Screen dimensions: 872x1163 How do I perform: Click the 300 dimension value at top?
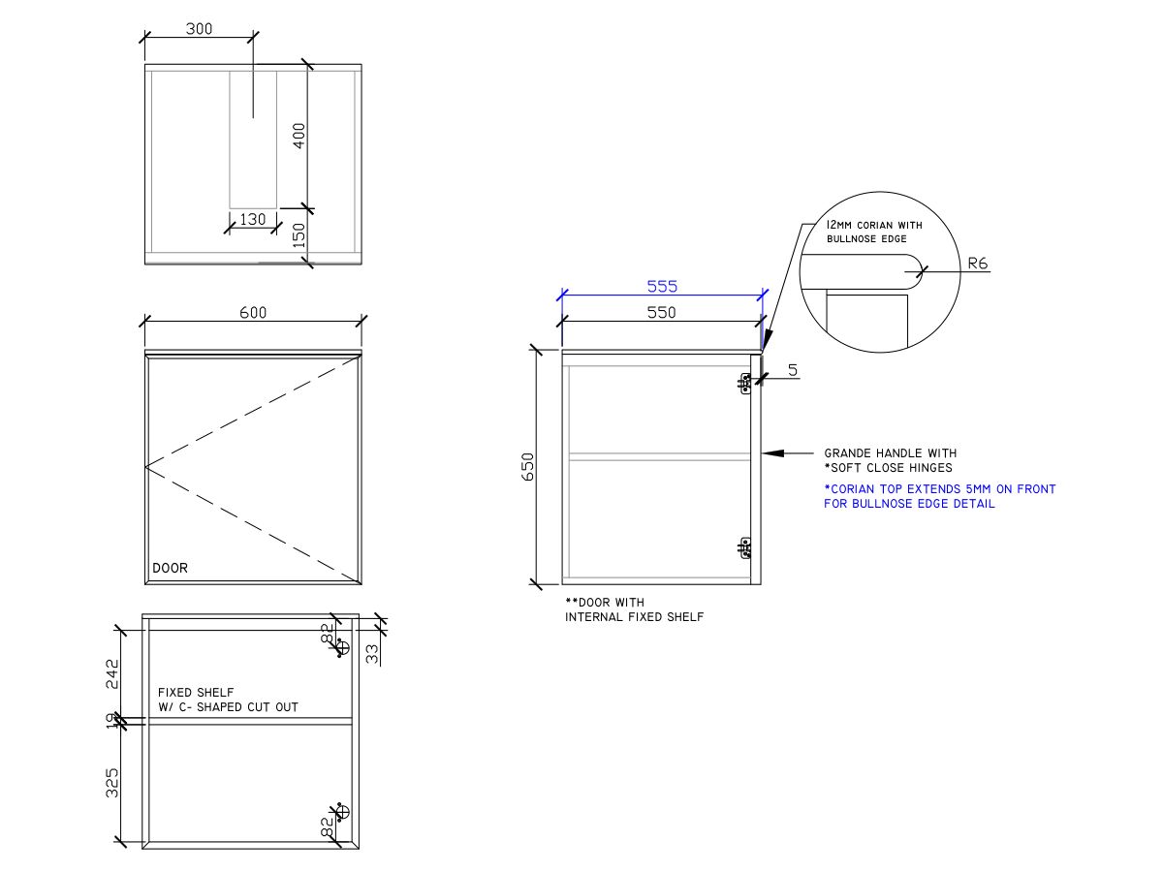199,29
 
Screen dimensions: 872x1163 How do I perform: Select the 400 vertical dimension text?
299,135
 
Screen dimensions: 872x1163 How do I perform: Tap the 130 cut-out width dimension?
252,219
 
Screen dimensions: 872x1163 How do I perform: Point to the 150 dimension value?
299,235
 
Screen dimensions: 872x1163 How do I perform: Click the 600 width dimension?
253,312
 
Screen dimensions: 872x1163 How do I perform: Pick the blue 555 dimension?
662,286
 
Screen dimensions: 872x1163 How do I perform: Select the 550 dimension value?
662,312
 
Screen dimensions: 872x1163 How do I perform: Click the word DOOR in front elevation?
170,568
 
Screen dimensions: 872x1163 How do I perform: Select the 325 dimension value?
112,782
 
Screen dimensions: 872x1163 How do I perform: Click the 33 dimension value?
373,654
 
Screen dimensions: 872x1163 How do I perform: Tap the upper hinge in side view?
745,385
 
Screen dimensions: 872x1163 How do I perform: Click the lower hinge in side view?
745,549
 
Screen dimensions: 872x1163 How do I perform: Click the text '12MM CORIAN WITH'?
874,225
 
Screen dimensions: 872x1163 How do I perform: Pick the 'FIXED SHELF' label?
196,693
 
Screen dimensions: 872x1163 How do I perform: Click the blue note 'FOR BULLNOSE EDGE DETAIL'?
908,504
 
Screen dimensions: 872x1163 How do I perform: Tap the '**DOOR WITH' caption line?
604,603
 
